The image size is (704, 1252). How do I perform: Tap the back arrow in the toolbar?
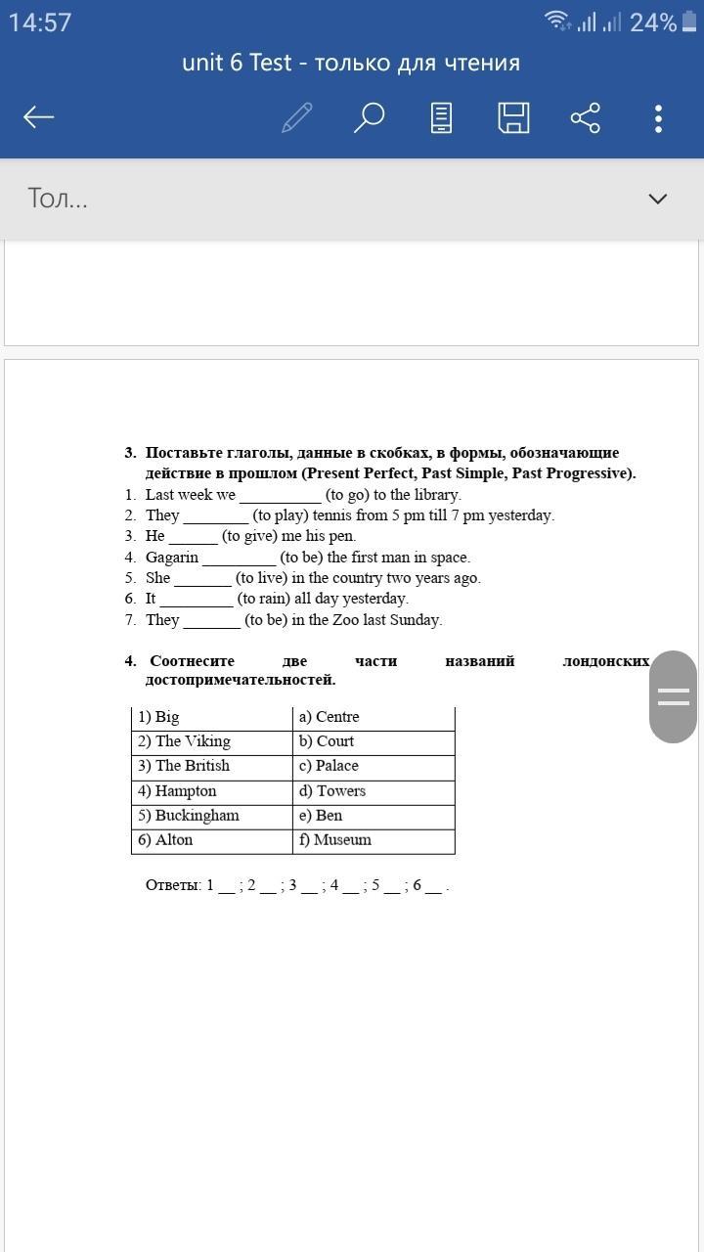[x=39, y=117]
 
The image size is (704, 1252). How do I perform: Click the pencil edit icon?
[x=296, y=117]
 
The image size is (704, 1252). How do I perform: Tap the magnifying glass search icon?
[x=369, y=117]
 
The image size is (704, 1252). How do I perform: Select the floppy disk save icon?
[x=513, y=117]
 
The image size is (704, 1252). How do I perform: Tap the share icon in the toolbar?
[x=585, y=118]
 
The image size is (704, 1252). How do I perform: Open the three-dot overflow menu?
[x=658, y=118]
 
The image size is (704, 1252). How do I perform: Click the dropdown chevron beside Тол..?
[x=657, y=199]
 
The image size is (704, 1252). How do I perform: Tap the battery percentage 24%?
[x=653, y=22]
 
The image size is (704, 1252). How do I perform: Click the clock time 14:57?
[x=40, y=22]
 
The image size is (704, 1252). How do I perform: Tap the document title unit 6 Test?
[x=237, y=64]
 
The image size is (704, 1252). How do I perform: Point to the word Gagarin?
[x=172, y=558]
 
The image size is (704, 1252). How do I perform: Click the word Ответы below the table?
[x=173, y=885]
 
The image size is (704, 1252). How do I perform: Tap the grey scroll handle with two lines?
[x=673, y=696]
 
